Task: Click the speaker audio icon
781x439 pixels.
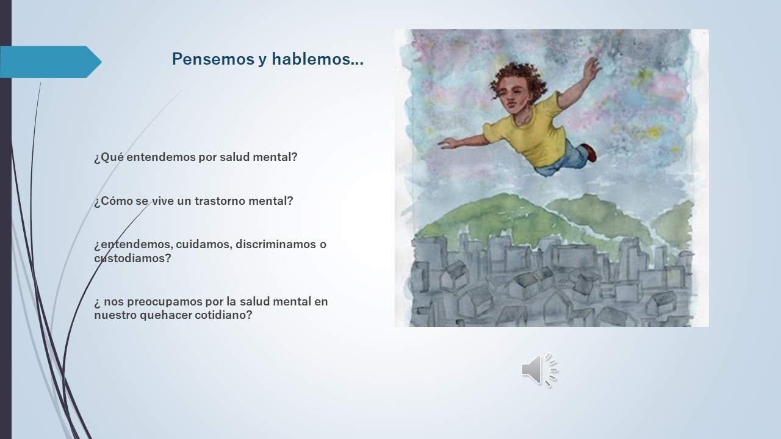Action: tap(540, 370)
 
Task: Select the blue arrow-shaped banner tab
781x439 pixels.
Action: tap(51, 62)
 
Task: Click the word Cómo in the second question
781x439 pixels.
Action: tap(113, 201)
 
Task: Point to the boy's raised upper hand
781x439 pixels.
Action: tap(592, 66)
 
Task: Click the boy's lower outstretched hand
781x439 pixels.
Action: tap(448, 143)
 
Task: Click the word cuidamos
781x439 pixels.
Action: tap(204, 244)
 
